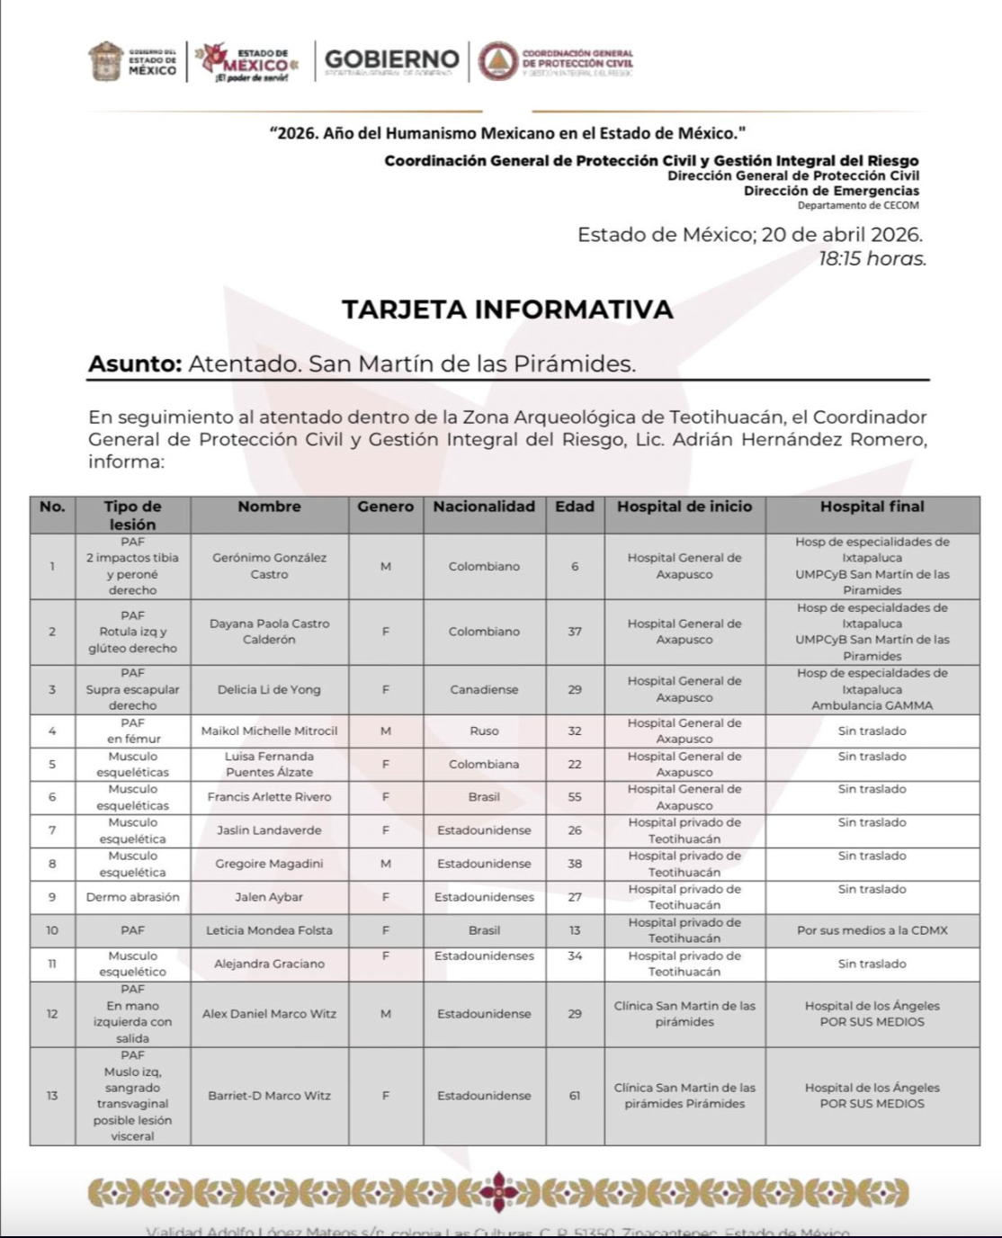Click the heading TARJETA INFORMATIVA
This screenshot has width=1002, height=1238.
(x=507, y=309)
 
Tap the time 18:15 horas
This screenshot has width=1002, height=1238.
(x=872, y=259)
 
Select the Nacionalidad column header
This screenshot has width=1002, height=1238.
(x=484, y=507)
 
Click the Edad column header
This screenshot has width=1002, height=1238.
(x=575, y=507)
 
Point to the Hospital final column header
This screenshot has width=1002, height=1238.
(x=872, y=507)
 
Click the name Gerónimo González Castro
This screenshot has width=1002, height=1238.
(x=269, y=566)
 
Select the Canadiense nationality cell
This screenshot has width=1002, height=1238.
(x=484, y=689)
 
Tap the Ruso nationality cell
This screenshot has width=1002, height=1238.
(x=484, y=731)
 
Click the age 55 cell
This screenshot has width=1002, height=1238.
(x=575, y=796)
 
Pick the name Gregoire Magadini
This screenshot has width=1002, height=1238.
(x=269, y=864)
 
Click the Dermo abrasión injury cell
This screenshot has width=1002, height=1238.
(x=133, y=897)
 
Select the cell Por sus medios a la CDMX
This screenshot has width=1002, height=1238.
(x=872, y=930)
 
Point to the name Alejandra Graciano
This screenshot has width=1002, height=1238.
(x=269, y=964)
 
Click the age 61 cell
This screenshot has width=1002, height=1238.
(x=575, y=1096)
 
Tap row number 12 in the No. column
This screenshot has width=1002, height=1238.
(x=52, y=1014)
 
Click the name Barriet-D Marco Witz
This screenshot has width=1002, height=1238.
(x=269, y=1096)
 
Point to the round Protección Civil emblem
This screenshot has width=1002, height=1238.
(x=496, y=61)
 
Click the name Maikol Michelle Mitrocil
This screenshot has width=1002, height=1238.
(x=269, y=731)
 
